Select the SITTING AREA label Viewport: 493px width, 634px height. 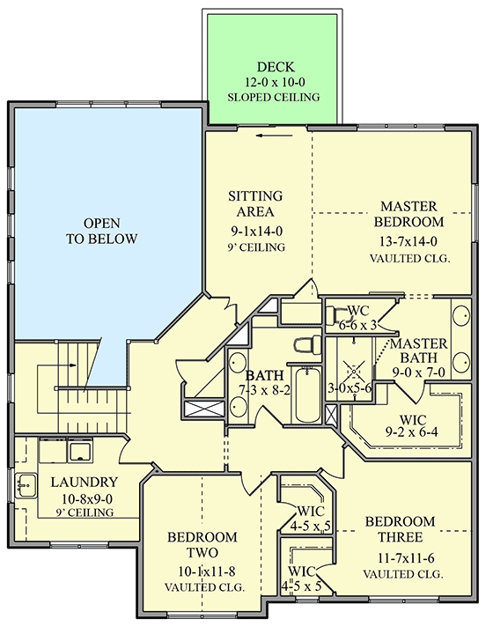(255, 203)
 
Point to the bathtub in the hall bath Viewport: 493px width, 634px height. (307, 397)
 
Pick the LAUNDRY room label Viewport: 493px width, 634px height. (85, 482)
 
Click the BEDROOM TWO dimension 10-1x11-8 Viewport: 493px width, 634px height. (202, 571)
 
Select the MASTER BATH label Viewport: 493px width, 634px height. (420, 350)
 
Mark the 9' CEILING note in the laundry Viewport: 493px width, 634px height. (85, 512)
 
